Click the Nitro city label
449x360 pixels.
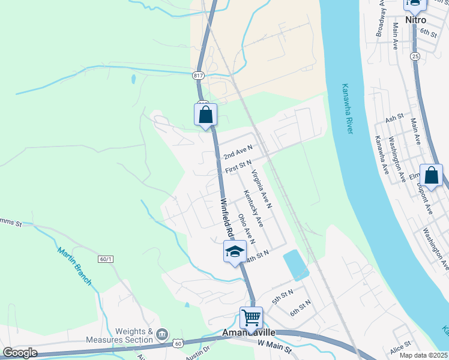pyautogui.click(x=415, y=20)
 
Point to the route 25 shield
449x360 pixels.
pyautogui.click(x=415, y=56)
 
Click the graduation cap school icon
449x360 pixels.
pyautogui.click(x=235, y=252)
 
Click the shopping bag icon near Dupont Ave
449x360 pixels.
pyautogui.click(x=431, y=175)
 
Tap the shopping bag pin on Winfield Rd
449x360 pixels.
pyautogui.click(x=205, y=115)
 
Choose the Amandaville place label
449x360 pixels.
pyautogui.click(x=249, y=332)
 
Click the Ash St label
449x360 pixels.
pyautogui.click(x=395, y=119)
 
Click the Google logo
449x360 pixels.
pyautogui.click(x=20, y=353)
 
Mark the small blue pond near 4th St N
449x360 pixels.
pyautogui.click(x=295, y=265)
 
